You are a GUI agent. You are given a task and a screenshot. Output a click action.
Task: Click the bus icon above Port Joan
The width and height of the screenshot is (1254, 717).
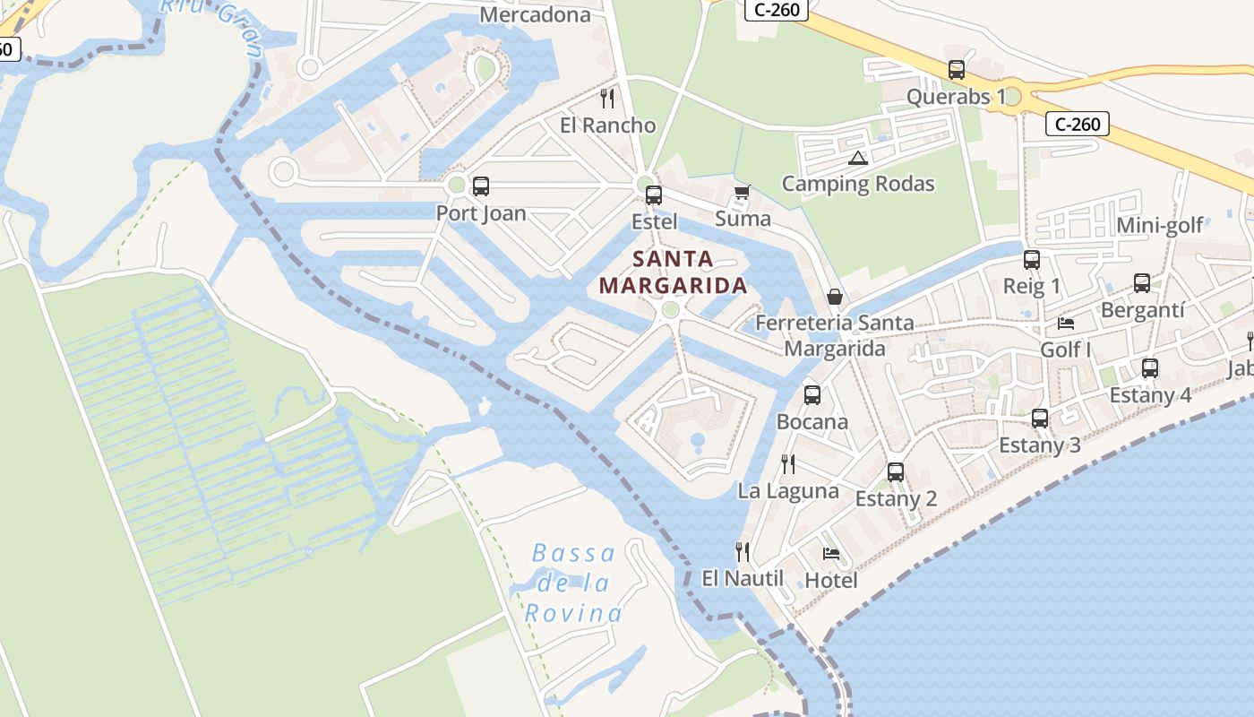[481, 186]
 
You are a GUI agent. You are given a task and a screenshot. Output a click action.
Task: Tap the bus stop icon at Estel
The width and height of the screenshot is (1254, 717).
[654, 194]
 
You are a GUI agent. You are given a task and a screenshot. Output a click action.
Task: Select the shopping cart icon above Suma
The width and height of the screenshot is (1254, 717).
[742, 192]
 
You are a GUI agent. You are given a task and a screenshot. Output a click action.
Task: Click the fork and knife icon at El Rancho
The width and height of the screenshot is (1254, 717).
[607, 98]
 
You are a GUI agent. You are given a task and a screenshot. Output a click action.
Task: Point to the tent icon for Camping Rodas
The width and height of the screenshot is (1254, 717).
[857, 159]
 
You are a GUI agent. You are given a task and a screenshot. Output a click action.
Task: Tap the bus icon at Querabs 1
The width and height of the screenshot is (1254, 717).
[957, 70]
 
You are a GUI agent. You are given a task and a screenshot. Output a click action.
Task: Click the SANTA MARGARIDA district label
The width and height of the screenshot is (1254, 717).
[673, 272]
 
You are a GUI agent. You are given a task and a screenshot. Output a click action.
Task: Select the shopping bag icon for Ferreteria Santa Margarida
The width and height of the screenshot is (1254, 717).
[835, 296]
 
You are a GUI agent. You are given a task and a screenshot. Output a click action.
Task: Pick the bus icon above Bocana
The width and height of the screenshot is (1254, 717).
[812, 394]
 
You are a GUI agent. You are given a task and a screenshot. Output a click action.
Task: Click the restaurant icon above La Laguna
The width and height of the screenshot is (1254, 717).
[788, 463]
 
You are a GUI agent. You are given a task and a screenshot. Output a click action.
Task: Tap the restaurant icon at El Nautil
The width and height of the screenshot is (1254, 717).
[743, 551]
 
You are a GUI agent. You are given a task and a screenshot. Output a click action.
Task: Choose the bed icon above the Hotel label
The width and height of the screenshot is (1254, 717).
[831, 553]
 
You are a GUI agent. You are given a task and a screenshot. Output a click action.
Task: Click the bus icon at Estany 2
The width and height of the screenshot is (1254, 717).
[896, 471]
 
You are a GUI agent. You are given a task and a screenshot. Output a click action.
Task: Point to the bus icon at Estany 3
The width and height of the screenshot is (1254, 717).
[1040, 418]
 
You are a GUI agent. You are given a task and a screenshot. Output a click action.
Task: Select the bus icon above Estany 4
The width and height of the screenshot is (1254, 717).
[1150, 367]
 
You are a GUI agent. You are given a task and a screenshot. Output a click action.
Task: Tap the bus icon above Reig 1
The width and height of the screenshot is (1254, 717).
[1032, 260]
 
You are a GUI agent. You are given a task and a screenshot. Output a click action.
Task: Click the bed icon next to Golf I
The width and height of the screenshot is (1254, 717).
[1066, 323]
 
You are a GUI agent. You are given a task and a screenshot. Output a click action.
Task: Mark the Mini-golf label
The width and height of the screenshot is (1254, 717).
[1160, 225]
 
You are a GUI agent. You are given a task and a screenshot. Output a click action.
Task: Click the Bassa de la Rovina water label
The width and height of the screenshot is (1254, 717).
[573, 583]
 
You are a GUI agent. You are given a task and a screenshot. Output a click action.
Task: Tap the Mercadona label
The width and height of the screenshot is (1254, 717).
[536, 14]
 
